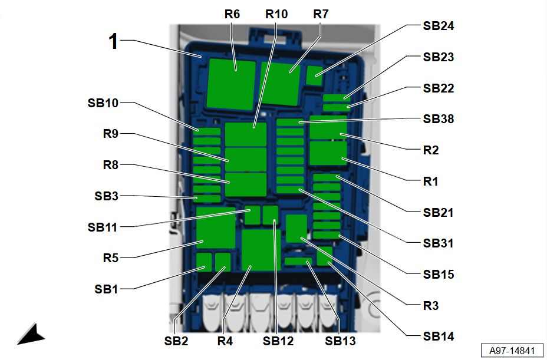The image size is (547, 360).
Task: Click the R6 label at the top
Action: [232, 14]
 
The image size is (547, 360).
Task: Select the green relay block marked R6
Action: [231, 84]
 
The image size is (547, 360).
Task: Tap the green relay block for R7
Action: [280, 84]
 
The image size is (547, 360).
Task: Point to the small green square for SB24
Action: [314, 75]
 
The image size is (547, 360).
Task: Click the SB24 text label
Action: [438, 26]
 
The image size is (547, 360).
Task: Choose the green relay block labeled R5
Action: [216, 228]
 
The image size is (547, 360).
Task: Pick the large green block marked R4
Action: [261, 250]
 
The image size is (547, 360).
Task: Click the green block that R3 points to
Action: [296, 229]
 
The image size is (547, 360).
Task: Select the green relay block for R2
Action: [328, 127]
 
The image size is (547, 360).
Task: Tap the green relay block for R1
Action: [328, 153]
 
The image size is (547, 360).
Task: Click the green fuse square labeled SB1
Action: [204, 262]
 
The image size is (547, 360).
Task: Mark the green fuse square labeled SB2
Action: [223, 262]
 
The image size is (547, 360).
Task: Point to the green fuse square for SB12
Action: [271, 215]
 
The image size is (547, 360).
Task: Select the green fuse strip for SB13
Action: [298, 261]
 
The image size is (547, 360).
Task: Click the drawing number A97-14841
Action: [512, 350]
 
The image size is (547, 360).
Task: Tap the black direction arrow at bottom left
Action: [31, 335]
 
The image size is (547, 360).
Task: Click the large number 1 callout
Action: [113, 41]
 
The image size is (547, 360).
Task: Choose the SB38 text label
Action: [438, 119]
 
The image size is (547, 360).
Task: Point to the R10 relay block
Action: [246, 134]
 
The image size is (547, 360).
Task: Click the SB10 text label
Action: [103, 103]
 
